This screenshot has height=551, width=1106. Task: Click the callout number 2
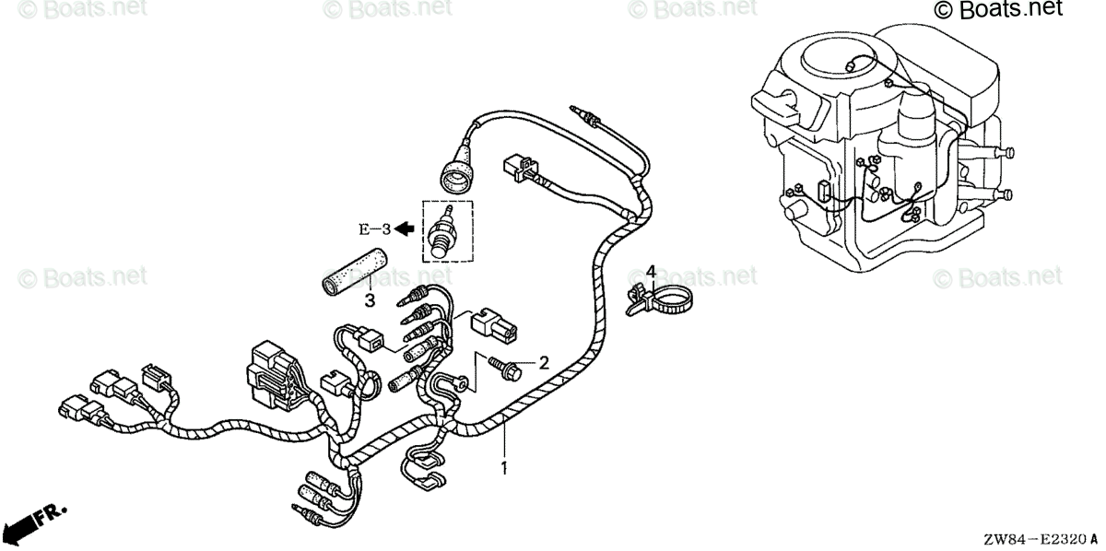point(544,363)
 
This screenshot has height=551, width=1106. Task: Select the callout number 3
point(369,300)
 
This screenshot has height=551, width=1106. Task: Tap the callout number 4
point(650,272)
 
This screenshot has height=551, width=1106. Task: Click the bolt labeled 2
point(504,369)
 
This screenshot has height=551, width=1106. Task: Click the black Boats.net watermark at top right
point(998,10)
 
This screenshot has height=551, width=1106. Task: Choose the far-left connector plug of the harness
point(73,405)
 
